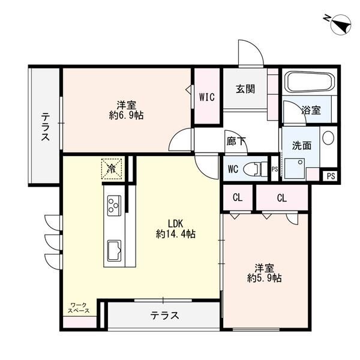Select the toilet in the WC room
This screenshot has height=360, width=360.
(256, 168)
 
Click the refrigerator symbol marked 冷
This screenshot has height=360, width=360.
(112, 168)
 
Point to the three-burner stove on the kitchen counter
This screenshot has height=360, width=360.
(114, 206)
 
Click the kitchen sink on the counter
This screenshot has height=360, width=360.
(113, 248)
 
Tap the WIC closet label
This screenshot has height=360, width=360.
(207, 96)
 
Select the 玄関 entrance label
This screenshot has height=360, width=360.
(245, 89)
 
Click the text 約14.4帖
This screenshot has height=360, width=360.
(176, 234)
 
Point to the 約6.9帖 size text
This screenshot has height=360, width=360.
(127, 115)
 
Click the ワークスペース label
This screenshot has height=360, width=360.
(79, 308)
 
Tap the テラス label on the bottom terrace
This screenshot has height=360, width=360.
(164, 316)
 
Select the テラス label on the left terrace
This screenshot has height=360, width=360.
(45, 127)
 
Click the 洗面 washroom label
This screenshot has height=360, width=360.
(301, 145)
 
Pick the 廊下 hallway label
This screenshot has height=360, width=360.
(236, 142)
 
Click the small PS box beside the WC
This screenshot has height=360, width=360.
(274, 170)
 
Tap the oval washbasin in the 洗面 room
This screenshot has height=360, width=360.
(328, 137)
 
